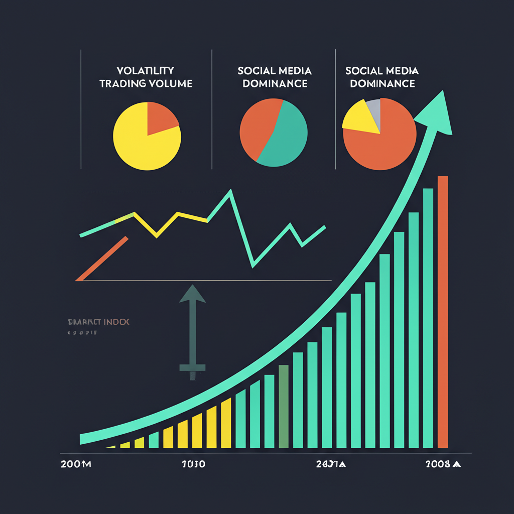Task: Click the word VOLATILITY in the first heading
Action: point(145,70)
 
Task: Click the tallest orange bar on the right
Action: point(443,311)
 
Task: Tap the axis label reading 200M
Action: point(75,464)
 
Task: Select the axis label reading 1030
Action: point(193,464)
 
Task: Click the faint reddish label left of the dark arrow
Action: point(98,322)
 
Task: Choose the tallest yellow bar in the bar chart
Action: point(226,423)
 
